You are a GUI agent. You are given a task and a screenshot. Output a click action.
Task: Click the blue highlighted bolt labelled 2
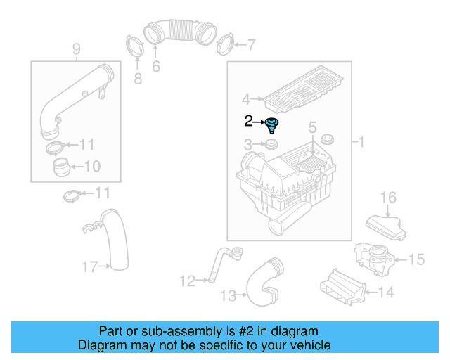click(272, 126)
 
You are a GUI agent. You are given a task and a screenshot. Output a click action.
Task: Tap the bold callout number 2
click(247, 122)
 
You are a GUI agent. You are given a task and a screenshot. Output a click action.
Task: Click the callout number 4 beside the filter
click(245, 99)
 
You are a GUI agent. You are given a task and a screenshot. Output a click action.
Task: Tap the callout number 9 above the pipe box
click(76, 49)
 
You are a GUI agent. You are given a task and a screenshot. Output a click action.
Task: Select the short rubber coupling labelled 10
click(61, 168)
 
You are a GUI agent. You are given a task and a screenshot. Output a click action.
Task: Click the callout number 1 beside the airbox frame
click(361, 143)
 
